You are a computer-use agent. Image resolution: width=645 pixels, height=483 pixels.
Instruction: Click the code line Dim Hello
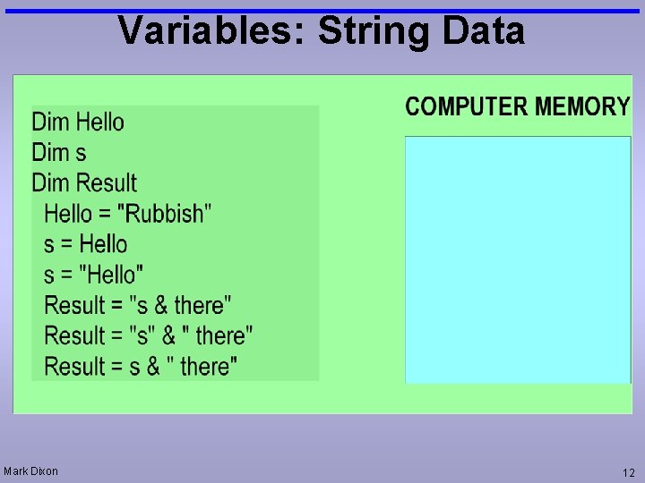pos(78,122)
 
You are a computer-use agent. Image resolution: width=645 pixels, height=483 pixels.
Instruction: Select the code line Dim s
pos(59,152)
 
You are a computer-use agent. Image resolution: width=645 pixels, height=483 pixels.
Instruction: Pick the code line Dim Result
pos(84,182)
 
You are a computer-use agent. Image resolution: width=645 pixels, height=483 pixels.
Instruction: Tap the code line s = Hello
pos(85,244)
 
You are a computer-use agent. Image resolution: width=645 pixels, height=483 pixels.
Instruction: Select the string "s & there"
pos(181,305)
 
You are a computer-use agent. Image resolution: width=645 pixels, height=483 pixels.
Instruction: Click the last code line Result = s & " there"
pos(141,366)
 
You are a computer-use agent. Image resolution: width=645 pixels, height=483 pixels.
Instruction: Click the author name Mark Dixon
pos(30,470)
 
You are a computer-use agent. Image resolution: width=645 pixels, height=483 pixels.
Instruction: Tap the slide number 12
pos(628,471)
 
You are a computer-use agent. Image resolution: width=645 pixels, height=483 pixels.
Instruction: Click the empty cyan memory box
pos(518,259)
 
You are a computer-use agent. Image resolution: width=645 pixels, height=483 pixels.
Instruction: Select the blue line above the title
pos(322,11)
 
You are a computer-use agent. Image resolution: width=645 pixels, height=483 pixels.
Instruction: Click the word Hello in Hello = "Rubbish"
pos(68,214)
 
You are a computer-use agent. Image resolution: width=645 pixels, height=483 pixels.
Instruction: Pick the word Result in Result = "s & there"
pos(74,305)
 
